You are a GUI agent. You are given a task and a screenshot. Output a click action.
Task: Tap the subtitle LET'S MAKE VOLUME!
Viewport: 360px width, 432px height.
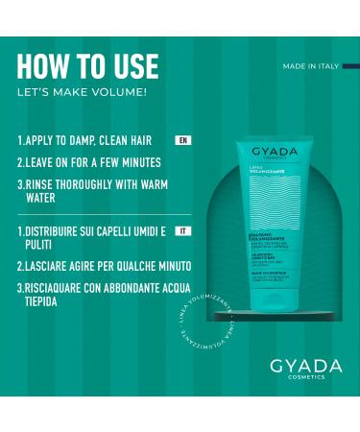click(83, 92)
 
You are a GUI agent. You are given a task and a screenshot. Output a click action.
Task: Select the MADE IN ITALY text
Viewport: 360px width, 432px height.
click(311, 66)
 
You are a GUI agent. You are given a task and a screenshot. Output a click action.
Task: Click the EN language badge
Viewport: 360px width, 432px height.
click(182, 140)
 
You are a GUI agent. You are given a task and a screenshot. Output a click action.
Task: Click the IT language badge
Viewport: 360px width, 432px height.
click(184, 230)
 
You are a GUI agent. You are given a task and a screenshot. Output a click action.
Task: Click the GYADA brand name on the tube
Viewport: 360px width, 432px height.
click(276, 152)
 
